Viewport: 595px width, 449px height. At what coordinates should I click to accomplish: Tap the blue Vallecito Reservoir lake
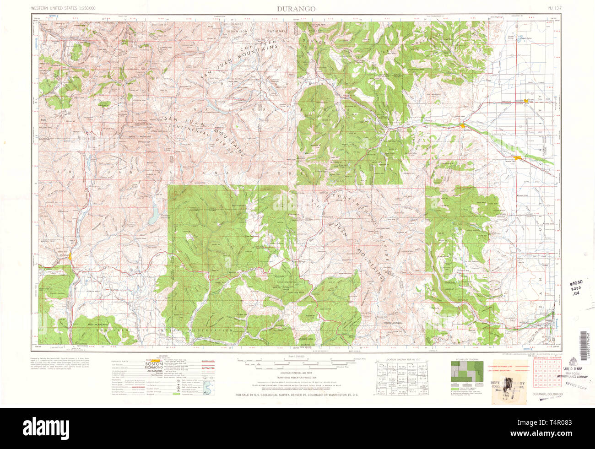pos(153,217)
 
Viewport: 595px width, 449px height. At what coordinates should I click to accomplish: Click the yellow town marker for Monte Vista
pos(518,158)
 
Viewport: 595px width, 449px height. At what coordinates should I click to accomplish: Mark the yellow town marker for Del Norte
pos(463,125)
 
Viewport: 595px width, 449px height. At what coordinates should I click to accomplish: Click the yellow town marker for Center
pos(526,100)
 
